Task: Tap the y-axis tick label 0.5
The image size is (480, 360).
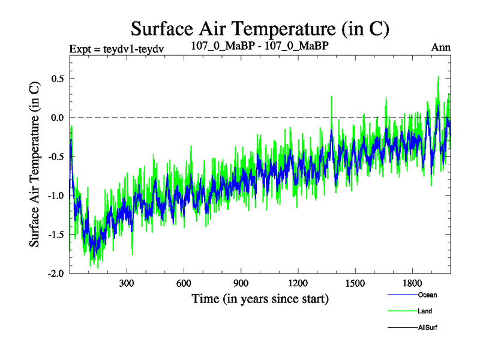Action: pyautogui.click(x=57, y=79)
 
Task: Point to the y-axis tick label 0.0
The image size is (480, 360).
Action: pyautogui.click(x=57, y=118)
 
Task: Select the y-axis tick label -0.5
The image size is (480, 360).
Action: pyautogui.click(x=56, y=157)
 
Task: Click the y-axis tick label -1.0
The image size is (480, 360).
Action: pyautogui.click(x=56, y=196)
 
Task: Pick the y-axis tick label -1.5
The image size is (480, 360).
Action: pyautogui.click(x=56, y=235)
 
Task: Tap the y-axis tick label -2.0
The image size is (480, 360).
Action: pyautogui.click(x=56, y=274)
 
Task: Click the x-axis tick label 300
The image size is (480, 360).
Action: pyautogui.click(x=126, y=284)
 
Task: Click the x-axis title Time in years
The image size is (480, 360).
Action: pyautogui.click(x=260, y=298)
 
